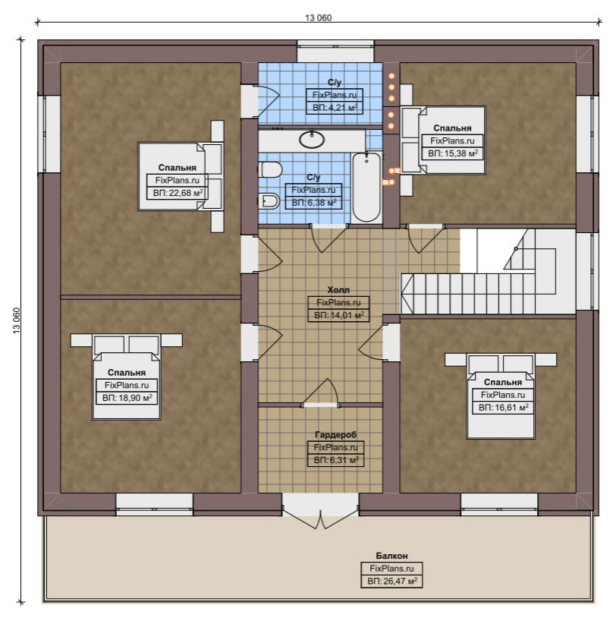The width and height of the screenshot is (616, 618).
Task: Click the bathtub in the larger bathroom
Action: [366, 188]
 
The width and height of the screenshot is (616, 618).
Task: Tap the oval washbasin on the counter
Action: [312, 139]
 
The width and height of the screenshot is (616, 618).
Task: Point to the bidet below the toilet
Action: [269, 201]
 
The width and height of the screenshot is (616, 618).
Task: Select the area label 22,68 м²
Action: [178, 193]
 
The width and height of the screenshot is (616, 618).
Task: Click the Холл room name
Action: [338, 290]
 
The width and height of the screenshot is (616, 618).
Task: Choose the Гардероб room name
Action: [335, 434]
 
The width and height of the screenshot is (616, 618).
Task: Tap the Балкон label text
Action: [391, 556]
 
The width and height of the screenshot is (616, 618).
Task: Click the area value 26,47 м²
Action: [392, 581]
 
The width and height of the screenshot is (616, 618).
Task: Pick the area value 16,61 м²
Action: [504, 407]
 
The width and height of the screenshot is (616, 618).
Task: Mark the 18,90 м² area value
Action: [127, 398]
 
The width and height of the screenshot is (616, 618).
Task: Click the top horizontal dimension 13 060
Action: [318, 17]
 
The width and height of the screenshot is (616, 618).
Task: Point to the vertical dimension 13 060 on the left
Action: [17, 320]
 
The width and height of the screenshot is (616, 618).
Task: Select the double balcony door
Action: [320, 512]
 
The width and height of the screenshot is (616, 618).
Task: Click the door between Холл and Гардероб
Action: [320, 394]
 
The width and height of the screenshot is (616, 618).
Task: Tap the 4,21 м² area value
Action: [335, 108]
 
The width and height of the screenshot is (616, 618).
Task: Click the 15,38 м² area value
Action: [453, 153]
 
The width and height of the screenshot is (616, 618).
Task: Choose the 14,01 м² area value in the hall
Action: [339, 315]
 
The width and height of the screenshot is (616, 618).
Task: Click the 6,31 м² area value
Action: [336, 460]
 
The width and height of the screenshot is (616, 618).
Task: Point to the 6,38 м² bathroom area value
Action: [314, 203]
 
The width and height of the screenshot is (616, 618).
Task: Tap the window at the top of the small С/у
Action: [335, 51]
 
